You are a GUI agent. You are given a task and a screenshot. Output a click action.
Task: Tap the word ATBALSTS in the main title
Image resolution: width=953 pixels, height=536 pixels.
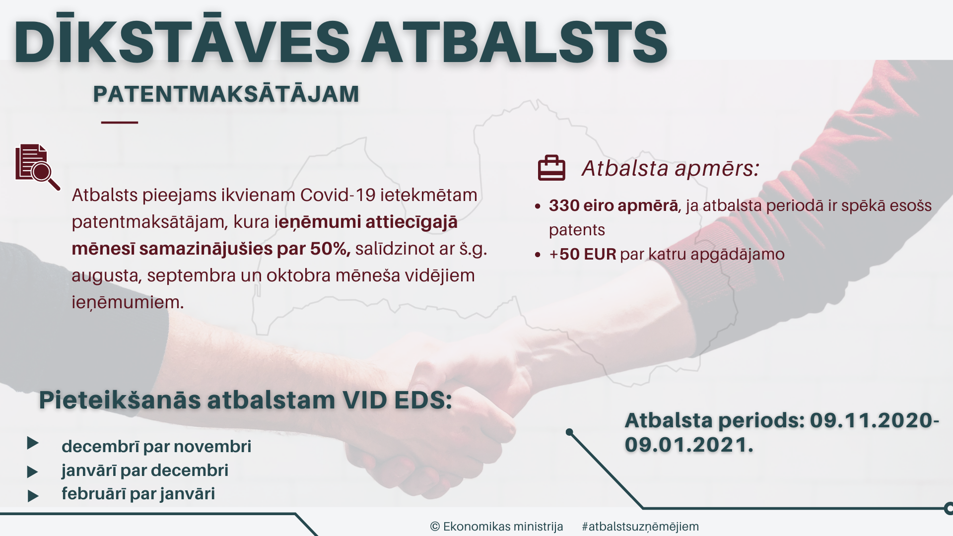[514, 42]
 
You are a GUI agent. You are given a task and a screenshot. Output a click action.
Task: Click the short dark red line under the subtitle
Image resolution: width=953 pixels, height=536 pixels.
[120, 122]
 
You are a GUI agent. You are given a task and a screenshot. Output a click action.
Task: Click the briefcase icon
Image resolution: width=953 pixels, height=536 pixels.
[551, 168]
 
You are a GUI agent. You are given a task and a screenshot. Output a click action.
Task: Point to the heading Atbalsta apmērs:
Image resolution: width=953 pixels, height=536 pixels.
[671, 168]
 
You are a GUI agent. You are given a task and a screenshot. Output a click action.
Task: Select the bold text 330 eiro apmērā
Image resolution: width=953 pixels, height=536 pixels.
[613, 205]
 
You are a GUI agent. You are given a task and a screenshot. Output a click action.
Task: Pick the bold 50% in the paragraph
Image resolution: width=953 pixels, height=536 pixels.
[330, 248]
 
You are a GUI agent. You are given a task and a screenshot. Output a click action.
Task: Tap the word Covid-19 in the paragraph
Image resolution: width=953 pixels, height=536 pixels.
[338, 195]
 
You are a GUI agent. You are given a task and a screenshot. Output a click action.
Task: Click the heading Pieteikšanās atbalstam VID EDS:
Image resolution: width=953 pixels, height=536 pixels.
[246, 400]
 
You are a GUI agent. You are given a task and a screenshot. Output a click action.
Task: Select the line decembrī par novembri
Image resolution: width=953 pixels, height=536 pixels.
[156, 446]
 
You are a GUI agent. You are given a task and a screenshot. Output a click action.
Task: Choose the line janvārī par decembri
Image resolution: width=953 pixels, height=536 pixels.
[145, 470]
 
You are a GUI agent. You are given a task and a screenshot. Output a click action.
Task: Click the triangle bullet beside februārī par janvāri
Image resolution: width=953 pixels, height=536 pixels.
[33, 495]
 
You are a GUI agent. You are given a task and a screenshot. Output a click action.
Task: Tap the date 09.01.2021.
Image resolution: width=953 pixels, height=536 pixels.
[689, 445]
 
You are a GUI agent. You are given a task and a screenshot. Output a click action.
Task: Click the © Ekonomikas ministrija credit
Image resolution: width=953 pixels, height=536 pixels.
[496, 526]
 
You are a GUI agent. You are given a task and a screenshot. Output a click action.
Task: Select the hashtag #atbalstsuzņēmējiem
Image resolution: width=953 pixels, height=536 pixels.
[640, 527]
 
